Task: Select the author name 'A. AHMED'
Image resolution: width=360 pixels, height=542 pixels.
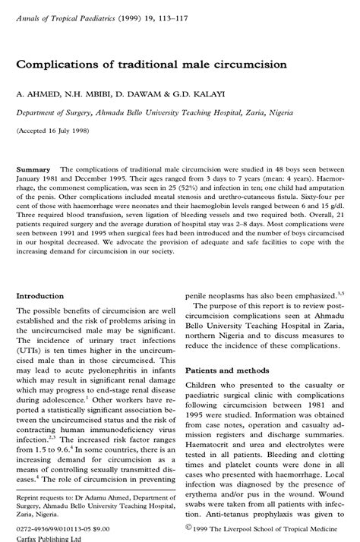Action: [37, 94]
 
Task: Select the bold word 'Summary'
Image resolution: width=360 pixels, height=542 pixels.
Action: [33, 169]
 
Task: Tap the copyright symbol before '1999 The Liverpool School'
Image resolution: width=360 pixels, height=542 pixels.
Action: [188, 525]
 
